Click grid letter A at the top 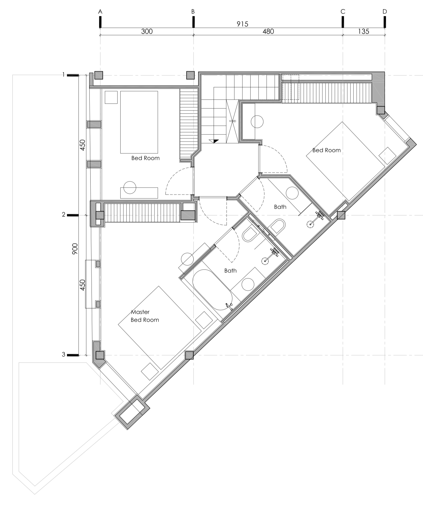100,12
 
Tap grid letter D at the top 385,12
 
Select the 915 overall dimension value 242,24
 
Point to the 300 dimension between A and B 147,32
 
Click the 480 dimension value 268,32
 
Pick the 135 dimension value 364,32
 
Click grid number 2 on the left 63,215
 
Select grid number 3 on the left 63,354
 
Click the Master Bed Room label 145,316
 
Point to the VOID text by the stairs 232,121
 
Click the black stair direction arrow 215,141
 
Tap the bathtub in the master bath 212,290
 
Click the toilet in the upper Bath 277,227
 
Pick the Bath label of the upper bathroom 280,207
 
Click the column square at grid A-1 99,75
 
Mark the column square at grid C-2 341,215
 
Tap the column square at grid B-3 189,355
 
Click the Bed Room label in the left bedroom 145,158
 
